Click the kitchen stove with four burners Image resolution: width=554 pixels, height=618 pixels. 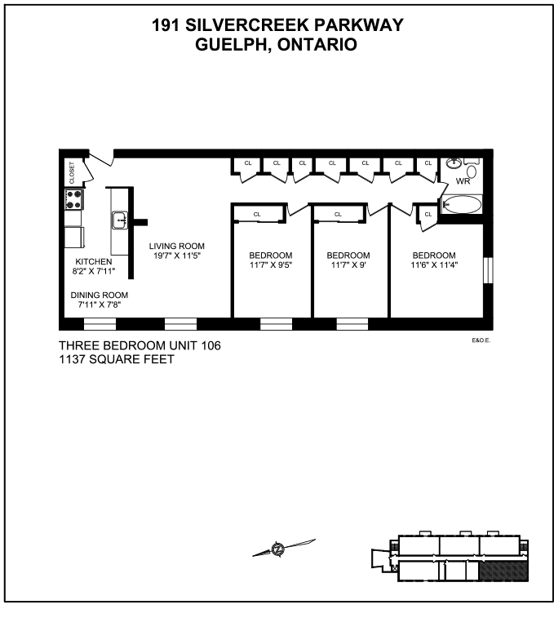[x=73, y=199]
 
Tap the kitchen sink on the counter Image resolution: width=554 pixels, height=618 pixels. [x=119, y=220]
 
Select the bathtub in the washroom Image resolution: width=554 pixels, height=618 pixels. [x=462, y=205]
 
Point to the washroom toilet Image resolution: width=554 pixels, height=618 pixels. [x=472, y=171]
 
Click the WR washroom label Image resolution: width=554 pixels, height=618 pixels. [x=463, y=181]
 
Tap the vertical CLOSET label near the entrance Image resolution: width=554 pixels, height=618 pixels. [x=72, y=172]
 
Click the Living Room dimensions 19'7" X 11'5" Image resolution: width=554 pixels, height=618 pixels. [x=177, y=256]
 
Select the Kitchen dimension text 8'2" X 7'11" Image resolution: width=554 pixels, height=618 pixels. [x=94, y=271]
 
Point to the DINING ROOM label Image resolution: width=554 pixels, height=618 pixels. [x=100, y=295]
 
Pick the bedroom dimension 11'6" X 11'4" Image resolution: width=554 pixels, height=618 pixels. [x=434, y=265]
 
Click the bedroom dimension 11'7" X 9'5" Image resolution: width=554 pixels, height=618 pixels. [x=271, y=265]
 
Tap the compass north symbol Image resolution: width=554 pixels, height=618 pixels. [x=278, y=549]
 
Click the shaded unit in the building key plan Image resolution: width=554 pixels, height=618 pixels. [x=503, y=571]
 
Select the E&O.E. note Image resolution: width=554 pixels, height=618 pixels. [x=481, y=340]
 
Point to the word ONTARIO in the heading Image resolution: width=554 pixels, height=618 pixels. [x=317, y=45]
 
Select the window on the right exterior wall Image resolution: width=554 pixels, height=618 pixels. [x=488, y=270]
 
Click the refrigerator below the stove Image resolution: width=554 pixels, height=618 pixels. [x=75, y=237]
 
